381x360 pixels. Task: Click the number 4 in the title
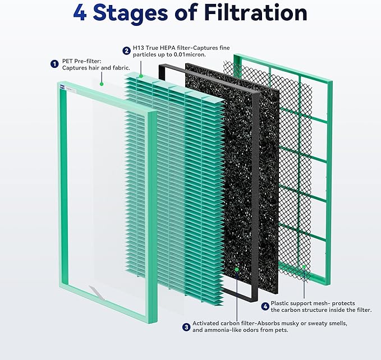80,13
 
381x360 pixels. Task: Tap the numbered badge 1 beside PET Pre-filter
54,64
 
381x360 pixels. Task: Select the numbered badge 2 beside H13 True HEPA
127,50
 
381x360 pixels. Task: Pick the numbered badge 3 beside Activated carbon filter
186,327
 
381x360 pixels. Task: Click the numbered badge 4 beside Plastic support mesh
265,306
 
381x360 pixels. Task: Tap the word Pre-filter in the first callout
87,60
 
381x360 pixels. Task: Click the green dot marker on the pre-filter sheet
102,84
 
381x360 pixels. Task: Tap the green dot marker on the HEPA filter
141,75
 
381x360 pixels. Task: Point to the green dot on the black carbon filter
237,270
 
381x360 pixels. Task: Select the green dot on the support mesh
304,266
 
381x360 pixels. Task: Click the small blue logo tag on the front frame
62,86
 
